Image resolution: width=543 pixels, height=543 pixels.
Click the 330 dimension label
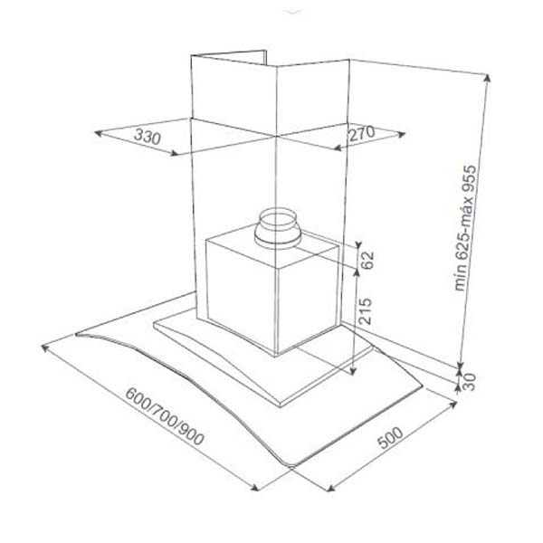tap(147, 138)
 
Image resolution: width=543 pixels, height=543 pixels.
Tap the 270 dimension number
tap(360, 134)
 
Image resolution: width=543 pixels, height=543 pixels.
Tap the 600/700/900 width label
tap(165, 423)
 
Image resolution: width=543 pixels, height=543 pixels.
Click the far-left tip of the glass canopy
tap(78, 334)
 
